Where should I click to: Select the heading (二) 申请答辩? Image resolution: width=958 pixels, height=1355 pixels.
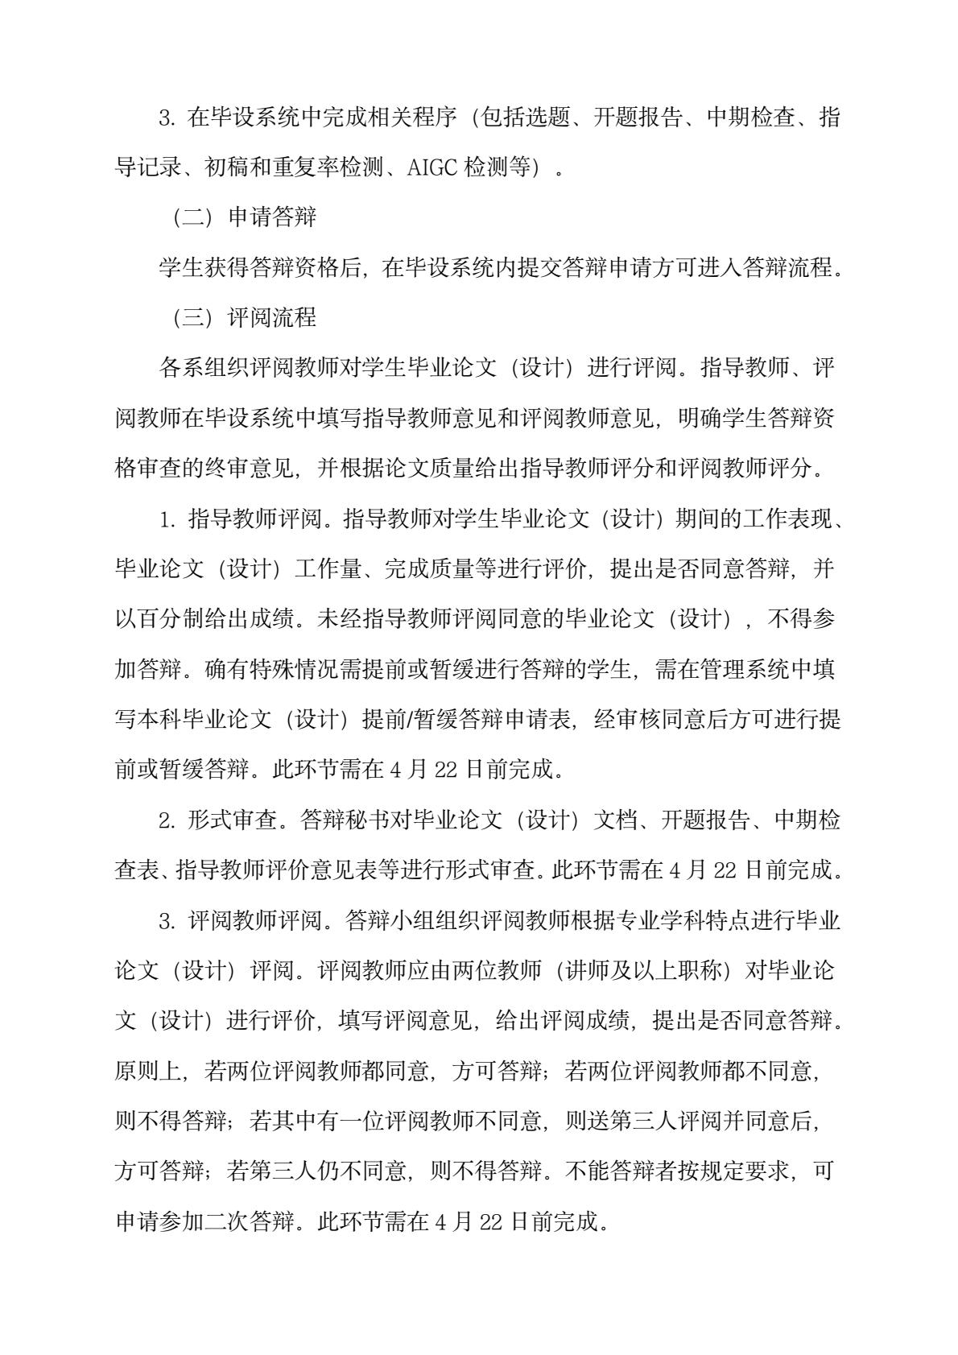[245, 217]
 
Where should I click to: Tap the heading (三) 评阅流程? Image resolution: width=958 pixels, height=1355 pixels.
[245, 317]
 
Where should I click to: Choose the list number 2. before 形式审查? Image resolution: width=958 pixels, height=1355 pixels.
[167, 820]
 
